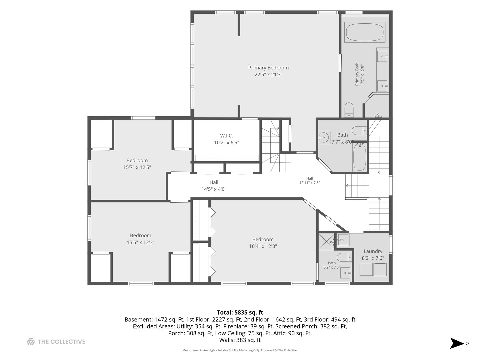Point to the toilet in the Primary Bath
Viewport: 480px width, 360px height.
(349, 110)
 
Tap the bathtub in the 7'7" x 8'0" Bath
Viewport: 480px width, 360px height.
(360, 157)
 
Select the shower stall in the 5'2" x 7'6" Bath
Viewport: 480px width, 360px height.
(326, 241)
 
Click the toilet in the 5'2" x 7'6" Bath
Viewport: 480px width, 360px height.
(344, 257)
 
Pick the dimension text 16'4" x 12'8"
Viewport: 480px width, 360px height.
(263, 246)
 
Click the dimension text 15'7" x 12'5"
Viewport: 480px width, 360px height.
(137, 167)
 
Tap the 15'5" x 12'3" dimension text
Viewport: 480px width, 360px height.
(141, 242)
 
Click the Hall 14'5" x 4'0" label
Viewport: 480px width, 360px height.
(214, 186)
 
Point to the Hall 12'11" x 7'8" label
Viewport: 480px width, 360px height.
(309, 181)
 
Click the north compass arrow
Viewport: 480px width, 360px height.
(457, 343)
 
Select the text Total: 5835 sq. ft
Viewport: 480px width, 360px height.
(240, 312)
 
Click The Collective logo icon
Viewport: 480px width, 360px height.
(31, 341)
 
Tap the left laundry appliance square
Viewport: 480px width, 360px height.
(366, 269)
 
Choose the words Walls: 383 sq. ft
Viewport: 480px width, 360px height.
(240, 340)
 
